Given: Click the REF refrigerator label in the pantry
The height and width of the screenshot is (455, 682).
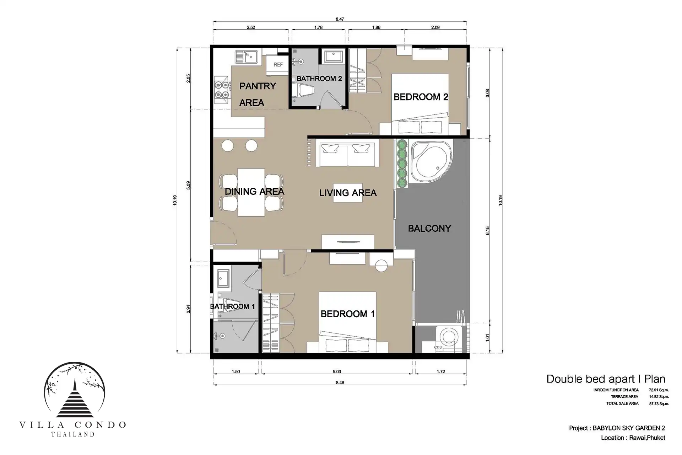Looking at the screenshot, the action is coord(278,65).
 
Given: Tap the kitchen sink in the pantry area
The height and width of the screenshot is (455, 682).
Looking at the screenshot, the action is coord(246,57).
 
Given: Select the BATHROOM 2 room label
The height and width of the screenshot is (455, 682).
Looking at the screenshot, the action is coord(319,79).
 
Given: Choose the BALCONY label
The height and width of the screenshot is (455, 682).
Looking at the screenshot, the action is coord(429,228).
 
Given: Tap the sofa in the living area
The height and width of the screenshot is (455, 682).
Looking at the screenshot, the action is coord(347,154).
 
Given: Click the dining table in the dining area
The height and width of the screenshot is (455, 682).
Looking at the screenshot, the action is coord(251,192).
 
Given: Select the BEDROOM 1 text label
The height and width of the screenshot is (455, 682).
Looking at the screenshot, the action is coord(347,314).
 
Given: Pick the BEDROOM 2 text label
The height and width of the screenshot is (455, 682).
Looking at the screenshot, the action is coord(421,97).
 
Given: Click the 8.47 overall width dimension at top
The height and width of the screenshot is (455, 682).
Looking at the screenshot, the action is coord(340,19).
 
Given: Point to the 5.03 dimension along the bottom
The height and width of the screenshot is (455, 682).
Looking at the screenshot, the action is coord(337,371).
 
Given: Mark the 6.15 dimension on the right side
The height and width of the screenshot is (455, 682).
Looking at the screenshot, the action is coord(488,231).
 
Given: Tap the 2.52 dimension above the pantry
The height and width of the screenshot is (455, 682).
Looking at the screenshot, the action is coord(251,27).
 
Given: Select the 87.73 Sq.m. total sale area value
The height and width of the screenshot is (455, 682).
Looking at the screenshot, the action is coord(659,404).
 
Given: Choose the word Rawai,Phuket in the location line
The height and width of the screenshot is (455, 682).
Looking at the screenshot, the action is coord(647,438).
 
